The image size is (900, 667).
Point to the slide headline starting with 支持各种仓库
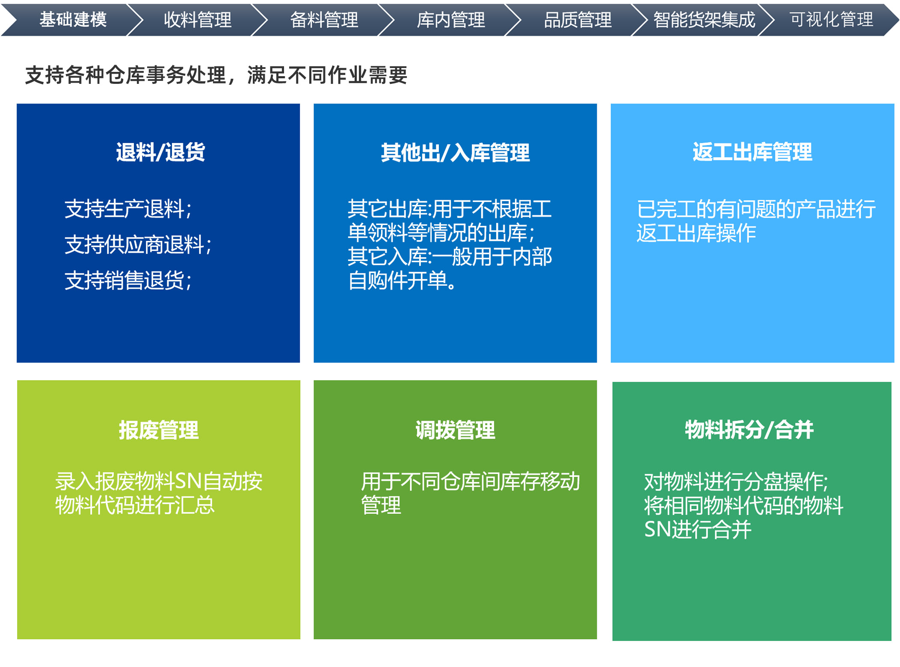pos(216,75)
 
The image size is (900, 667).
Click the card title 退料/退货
pos(160,152)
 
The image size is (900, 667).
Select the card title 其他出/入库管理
pos(455,153)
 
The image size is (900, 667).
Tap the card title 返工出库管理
pos(752,152)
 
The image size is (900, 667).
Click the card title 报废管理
pos(159,430)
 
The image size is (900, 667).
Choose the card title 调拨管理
pos(455,430)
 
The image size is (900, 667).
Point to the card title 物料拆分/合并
pos(749,430)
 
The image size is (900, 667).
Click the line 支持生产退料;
pos(128,209)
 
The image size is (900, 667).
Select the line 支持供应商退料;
pos(138,245)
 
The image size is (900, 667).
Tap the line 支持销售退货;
pos(128,281)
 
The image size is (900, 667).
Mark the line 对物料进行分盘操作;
pos(736,482)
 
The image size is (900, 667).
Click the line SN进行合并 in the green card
pos(698,529)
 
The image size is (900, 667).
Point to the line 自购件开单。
pos(402,281)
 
